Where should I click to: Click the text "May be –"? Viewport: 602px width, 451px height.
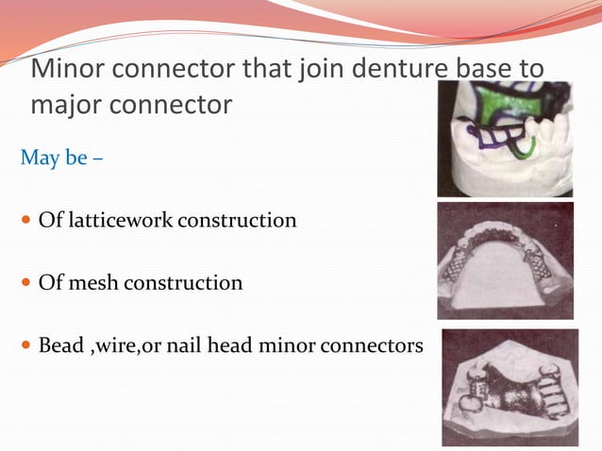click(x=61, y=154)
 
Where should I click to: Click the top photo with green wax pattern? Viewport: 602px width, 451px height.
click(x=505, y=138)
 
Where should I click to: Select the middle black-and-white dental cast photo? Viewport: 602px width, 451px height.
click(x=505, y=260)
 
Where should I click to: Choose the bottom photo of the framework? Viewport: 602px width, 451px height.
click(x=510, y=387)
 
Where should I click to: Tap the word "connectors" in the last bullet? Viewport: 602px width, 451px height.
click(x=381, y=345)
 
